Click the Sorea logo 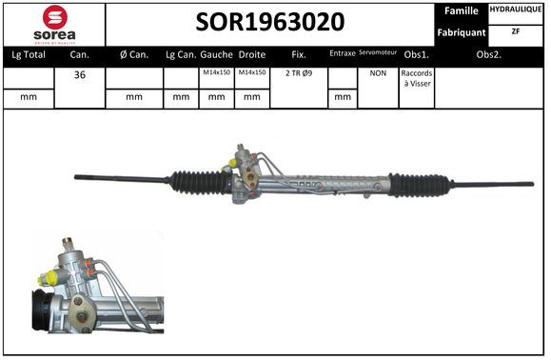55,25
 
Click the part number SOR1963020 270,22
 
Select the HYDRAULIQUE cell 516,10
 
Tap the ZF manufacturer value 516,31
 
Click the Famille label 461,10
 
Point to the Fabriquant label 461,32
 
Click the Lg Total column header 29,55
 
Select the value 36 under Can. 80,74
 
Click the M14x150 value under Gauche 216,72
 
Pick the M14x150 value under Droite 252,72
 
